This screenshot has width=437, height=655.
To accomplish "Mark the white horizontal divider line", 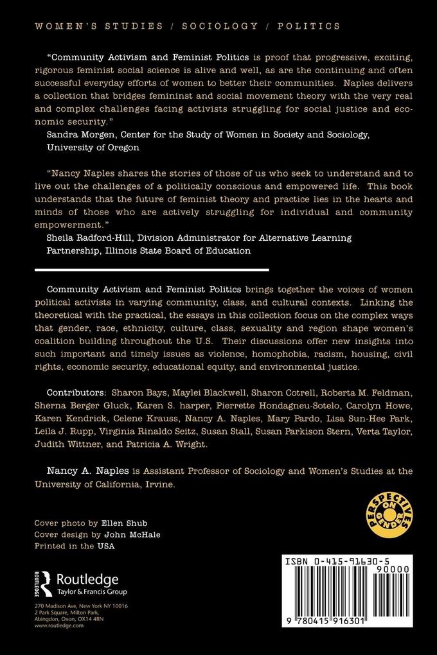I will tap(152, 270).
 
